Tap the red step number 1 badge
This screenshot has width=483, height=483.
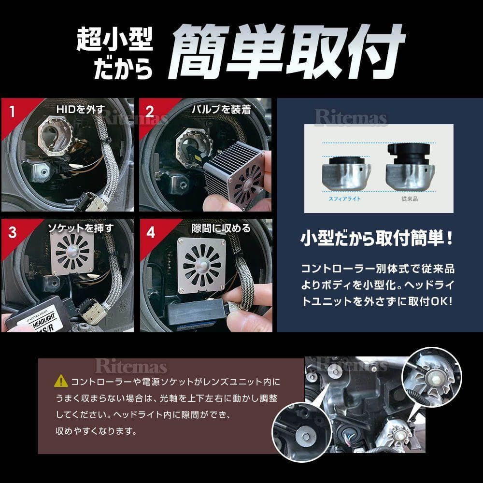tap(12, 112)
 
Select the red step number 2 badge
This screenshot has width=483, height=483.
tap(150, 112)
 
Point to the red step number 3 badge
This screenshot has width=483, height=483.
tap(12, 231)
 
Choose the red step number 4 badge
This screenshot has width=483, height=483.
tap(151, 231)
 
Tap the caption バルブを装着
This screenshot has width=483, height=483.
tap(221, 109)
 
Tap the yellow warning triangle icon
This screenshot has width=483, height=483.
tap(61, 381)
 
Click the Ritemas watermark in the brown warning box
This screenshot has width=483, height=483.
tap(131, 366)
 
